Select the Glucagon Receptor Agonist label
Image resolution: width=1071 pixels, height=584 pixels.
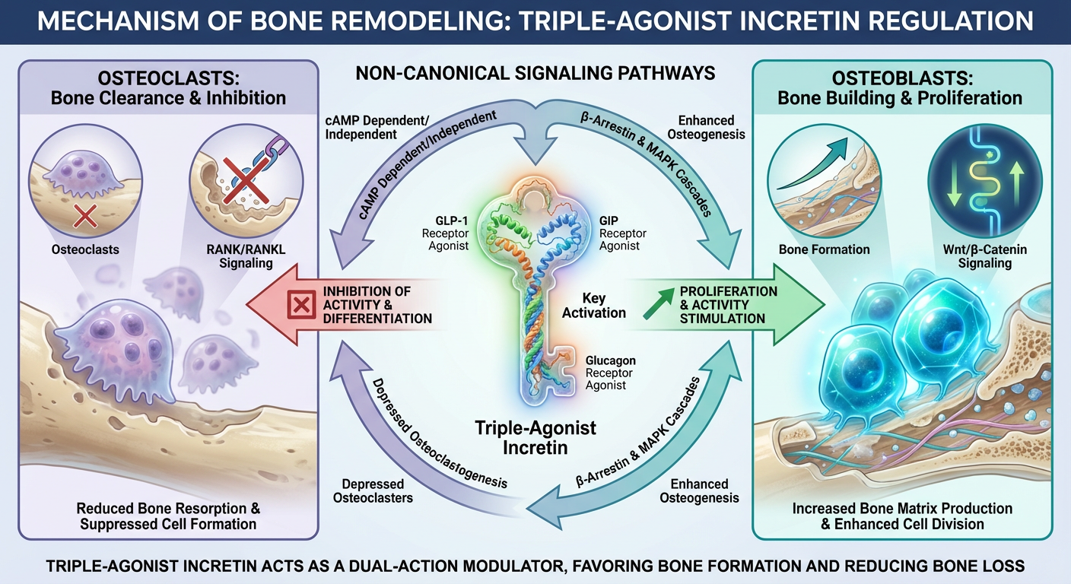612,373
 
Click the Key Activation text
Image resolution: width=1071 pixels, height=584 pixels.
593,305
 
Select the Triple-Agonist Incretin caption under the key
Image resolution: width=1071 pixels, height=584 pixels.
535,437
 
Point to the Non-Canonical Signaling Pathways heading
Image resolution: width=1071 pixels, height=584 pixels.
535,74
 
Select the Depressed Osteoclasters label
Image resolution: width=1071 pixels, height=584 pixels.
374,490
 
